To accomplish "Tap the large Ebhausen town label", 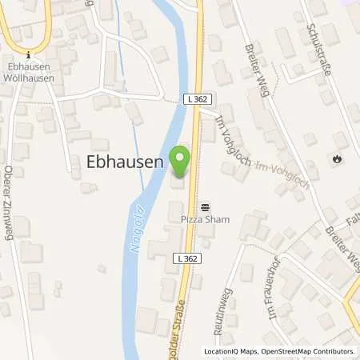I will [124, 161].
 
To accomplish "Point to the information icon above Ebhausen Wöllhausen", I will [29, 54].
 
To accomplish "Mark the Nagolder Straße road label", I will [179, 330].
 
